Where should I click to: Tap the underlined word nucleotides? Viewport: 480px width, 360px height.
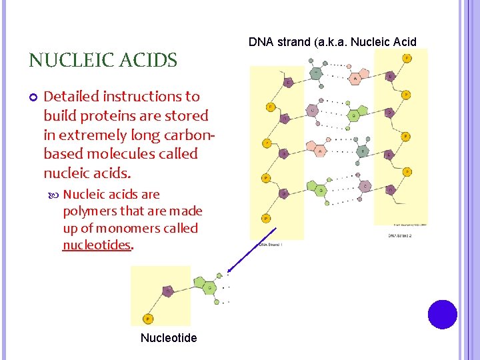[x=97, y=245]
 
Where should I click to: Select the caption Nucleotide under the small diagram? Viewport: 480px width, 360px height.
[x=169, y=338]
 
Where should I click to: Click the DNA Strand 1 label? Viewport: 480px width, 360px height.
[x=271, y=245]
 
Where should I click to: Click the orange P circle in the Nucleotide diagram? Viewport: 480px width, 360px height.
[x=148, y=319]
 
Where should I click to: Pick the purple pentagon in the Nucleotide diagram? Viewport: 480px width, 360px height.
[x=169, y=291]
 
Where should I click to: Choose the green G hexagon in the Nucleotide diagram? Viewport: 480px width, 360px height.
[x=207, y=288]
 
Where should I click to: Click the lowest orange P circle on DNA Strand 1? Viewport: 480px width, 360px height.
[x=266, y=218]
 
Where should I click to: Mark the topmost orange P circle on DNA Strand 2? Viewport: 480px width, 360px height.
[x=406, y=59]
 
